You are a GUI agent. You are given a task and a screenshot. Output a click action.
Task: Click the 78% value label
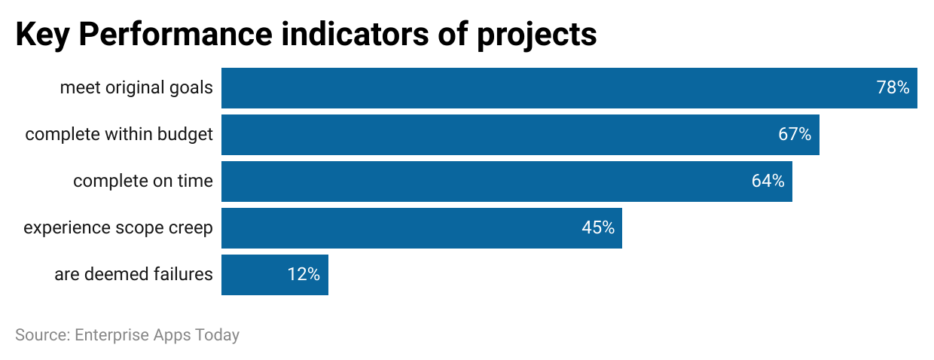click(893, 88)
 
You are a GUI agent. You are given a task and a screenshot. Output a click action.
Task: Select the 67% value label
click(795, 135)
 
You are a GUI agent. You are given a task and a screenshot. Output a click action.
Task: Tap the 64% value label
click(768, 182)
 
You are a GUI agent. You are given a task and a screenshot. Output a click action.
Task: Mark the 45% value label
click(598, 228)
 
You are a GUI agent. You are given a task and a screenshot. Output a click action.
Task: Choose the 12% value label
click(304, 275)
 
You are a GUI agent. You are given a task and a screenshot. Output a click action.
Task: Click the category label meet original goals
click(136, 88)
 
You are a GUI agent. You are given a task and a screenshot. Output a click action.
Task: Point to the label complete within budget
click(119, 135)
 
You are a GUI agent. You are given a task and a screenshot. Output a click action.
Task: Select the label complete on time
click(143, 182)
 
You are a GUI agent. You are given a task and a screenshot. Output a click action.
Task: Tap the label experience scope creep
click(118, 228)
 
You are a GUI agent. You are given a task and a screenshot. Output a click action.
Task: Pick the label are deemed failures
click(133, 275)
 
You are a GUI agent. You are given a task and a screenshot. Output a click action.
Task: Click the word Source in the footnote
click(40, 335)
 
